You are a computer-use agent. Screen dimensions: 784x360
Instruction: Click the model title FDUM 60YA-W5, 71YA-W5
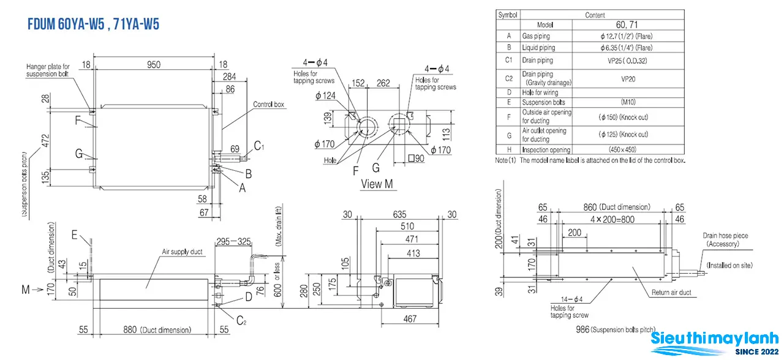point(94,24)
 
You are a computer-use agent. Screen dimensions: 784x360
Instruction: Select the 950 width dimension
point(154,65)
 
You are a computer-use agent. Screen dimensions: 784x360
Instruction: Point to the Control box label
point(268,104)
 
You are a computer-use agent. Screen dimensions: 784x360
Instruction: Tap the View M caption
point(377,184)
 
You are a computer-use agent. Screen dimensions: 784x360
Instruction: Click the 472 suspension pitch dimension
point(45,141)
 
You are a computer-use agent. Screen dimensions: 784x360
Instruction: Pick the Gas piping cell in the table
point(536,36)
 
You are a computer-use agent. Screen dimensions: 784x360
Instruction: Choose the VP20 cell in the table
point(628,79)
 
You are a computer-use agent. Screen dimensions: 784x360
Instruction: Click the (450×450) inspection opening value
point(623,150)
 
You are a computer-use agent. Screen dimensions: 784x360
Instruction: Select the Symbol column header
point(508,15)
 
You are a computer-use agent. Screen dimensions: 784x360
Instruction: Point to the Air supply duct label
point(182,252)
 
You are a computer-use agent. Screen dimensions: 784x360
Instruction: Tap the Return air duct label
point(671,293)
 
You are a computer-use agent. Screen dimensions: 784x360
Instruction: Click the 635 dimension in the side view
point(399,214)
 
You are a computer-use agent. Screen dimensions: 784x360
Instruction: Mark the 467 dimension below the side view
point(410,319)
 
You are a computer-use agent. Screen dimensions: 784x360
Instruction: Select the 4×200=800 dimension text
point(612,219)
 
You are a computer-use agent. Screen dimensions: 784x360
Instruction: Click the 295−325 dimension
point(233,241)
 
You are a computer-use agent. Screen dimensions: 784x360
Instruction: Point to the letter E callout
point(74,234)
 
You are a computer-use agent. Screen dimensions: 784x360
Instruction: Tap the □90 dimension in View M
point(416,159)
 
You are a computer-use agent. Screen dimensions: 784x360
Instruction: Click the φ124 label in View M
point(325,96)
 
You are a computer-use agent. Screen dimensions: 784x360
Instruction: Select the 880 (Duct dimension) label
point(157,330)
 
